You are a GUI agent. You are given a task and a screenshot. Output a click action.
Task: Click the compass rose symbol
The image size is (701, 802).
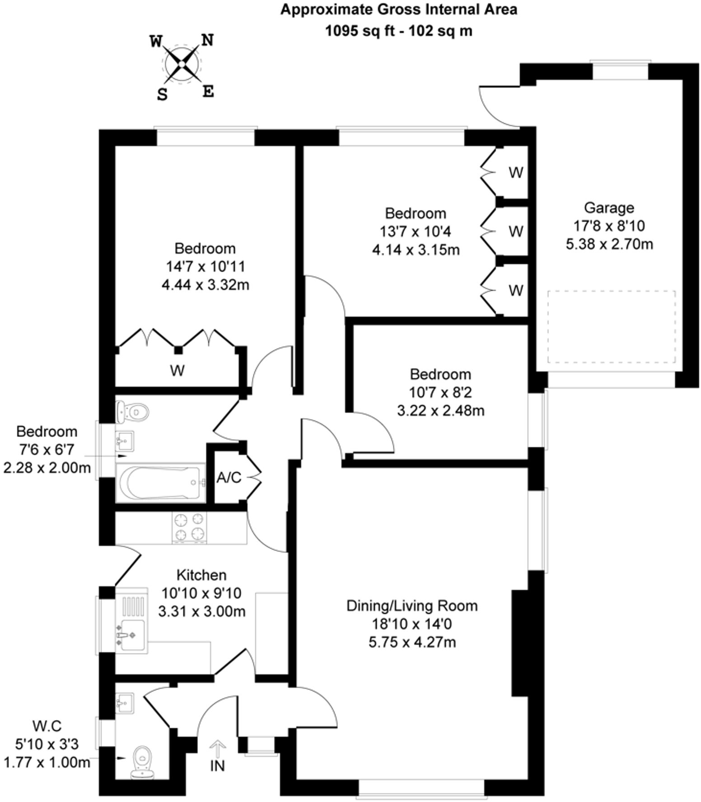(x=181, y=65)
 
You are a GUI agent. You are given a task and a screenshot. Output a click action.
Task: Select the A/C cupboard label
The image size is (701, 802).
(x=229, y=478)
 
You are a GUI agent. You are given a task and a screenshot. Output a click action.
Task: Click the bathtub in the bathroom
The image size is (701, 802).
(x=160, y=483)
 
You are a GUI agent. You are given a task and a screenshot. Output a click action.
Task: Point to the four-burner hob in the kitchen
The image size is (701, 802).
(x=189, y=527)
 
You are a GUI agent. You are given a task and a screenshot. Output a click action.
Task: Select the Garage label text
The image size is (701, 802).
(x=609, y=208)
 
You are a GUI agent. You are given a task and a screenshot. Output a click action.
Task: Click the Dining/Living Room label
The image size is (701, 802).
(x=411, y=606)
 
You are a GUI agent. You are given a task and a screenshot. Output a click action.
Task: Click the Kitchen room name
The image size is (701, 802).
(x=201, y=575)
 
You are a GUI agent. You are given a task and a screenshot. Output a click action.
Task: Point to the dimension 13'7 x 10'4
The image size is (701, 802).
(x=415, y=232)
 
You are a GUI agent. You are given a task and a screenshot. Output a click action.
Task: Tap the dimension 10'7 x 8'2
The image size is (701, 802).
(x=440, y=392)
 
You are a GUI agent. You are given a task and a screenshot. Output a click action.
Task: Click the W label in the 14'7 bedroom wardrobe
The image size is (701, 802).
(x=178, y=371)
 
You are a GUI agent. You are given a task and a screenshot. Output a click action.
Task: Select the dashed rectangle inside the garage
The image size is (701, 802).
(x=612, y=326)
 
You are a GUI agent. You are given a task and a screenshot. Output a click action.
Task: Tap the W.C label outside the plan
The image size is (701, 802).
(x=47, y=726)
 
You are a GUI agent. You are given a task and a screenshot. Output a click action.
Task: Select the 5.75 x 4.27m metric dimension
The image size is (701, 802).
(x=412, y=642)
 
